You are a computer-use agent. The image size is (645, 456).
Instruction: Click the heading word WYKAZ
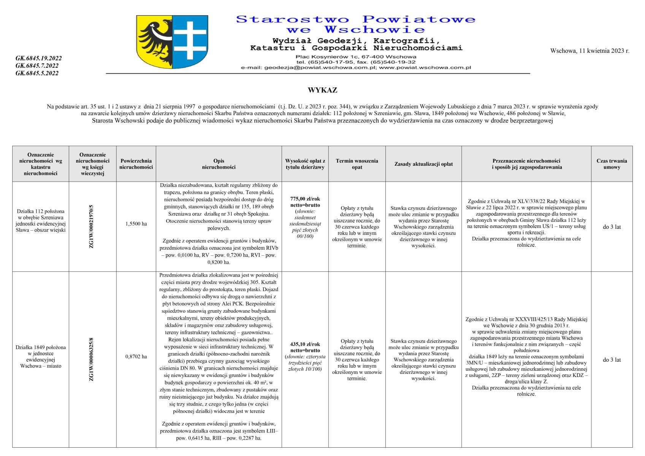[x=322, y=90]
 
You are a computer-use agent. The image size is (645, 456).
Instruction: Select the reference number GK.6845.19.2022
[x=38, y=58]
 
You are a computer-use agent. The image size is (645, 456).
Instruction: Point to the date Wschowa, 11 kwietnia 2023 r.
[x=590, y=51]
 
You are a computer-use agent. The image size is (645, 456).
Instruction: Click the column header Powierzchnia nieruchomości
[x=136, y=164]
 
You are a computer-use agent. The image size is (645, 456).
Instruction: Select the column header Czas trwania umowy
[x=612, y=164]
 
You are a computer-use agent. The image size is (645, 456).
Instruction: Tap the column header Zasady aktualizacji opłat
[x=423, y=164]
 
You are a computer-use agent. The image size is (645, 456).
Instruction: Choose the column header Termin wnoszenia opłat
[x=357, y=164]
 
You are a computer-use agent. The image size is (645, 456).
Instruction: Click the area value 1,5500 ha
[x=136, y=224]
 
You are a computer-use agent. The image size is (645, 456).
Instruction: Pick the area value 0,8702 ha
[x=136, y=357]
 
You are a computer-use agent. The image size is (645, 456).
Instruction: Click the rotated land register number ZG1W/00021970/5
[x=91, y=226]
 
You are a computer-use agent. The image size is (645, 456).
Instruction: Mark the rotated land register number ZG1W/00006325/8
[x=91, y=359]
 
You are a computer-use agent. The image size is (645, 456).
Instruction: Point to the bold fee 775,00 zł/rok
[x=305, y=199]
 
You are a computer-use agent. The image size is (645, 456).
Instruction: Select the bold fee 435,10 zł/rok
[x=305, y=344]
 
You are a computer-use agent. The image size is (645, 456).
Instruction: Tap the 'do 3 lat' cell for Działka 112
[x=612, y=227]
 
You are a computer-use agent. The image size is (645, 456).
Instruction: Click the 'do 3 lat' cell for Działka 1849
[x=612, y=360]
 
